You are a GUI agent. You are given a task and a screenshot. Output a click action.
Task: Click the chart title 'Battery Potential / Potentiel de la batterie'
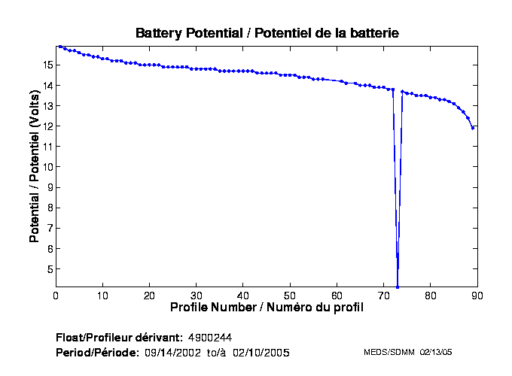point(267,33)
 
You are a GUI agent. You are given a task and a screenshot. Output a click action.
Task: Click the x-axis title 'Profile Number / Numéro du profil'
point(267,308)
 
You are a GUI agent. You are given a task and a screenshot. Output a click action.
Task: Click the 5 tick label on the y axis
point(48,269)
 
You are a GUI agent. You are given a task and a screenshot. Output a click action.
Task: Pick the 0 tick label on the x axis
point(56,296)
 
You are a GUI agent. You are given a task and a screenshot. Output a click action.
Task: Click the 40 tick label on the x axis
point(243,296)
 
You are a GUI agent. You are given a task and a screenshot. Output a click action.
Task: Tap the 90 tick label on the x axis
point(477,296)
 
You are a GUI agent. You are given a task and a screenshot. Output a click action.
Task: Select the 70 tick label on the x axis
point(383,296)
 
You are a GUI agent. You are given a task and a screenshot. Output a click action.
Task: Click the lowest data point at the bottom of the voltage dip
point(398,287)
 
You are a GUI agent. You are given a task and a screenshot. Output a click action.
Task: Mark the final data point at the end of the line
point(473,128)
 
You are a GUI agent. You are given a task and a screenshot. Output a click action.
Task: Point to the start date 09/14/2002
point(175,352)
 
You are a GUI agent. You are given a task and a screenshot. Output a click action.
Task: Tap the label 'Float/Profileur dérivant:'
point(119,336)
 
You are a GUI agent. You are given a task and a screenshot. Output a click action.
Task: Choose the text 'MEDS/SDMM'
point(385,352)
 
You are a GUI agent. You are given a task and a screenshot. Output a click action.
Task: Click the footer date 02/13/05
point(436,352)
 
